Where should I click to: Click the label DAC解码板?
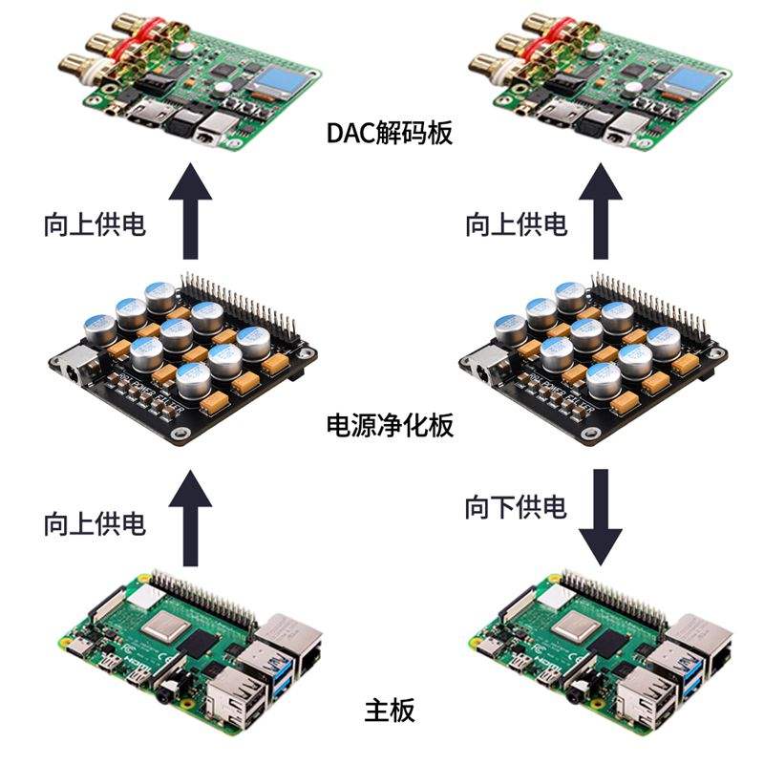point(388,133)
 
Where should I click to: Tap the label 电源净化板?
point(388,425)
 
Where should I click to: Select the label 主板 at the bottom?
point(390,711)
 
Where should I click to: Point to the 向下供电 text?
point(516,506)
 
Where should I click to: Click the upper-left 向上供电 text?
point(95,225)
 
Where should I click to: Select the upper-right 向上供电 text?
point(516,225)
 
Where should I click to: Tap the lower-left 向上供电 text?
point(95,523)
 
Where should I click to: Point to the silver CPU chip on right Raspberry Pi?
point(578,626)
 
